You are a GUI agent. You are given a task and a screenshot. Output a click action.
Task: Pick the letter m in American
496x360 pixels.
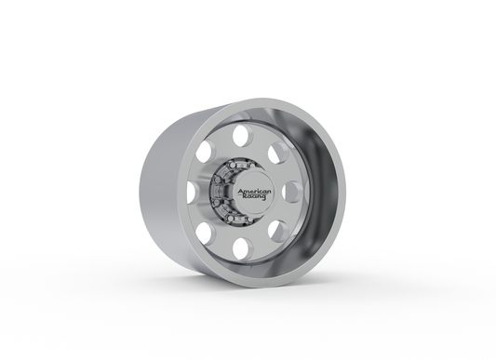point(248,191)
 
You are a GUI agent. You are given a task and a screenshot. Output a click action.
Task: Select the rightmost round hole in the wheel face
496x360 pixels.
point(289,193)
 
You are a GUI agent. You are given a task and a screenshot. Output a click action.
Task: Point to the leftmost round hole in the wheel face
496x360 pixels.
point(191,192)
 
